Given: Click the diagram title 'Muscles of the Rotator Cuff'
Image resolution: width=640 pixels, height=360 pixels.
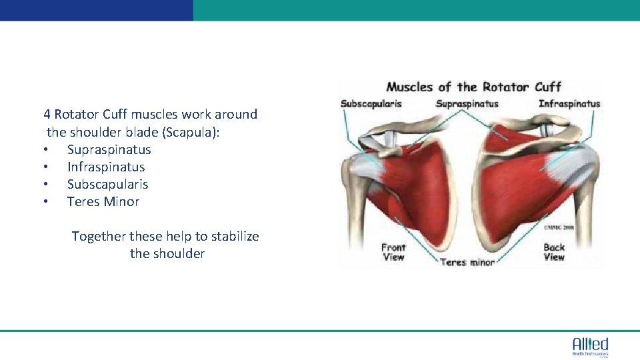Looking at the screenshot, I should (x=474, y=87).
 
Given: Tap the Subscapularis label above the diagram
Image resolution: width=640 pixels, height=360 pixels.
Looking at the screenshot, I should (x=371, y=104).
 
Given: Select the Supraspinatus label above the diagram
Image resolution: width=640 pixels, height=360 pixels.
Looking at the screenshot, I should (x=467, y=104).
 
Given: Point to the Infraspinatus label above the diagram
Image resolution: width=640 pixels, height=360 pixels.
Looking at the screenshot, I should (x=569, y=104).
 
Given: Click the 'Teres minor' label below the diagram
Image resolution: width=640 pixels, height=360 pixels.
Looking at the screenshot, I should (x=467, y=262).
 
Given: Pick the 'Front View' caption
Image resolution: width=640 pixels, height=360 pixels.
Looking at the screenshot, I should (x=393, y=252).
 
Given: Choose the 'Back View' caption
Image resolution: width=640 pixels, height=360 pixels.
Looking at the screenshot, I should (x=554, y=252).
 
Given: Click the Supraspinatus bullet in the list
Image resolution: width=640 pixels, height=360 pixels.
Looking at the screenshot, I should (x=109, y=150).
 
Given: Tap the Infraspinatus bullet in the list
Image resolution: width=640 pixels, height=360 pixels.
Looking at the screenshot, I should (x=105, y=167).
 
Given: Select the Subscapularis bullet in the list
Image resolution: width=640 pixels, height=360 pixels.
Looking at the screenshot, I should (x=107, y=185).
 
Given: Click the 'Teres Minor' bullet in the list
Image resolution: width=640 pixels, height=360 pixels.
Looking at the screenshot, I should (x=103, y=202).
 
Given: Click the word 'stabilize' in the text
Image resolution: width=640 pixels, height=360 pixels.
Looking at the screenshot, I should (x=233, y=237).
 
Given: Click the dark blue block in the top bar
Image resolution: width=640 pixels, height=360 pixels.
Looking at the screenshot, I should (x=96, y=10).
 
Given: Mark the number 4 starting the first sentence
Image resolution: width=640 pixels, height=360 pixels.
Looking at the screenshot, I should (x=47, y=115).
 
